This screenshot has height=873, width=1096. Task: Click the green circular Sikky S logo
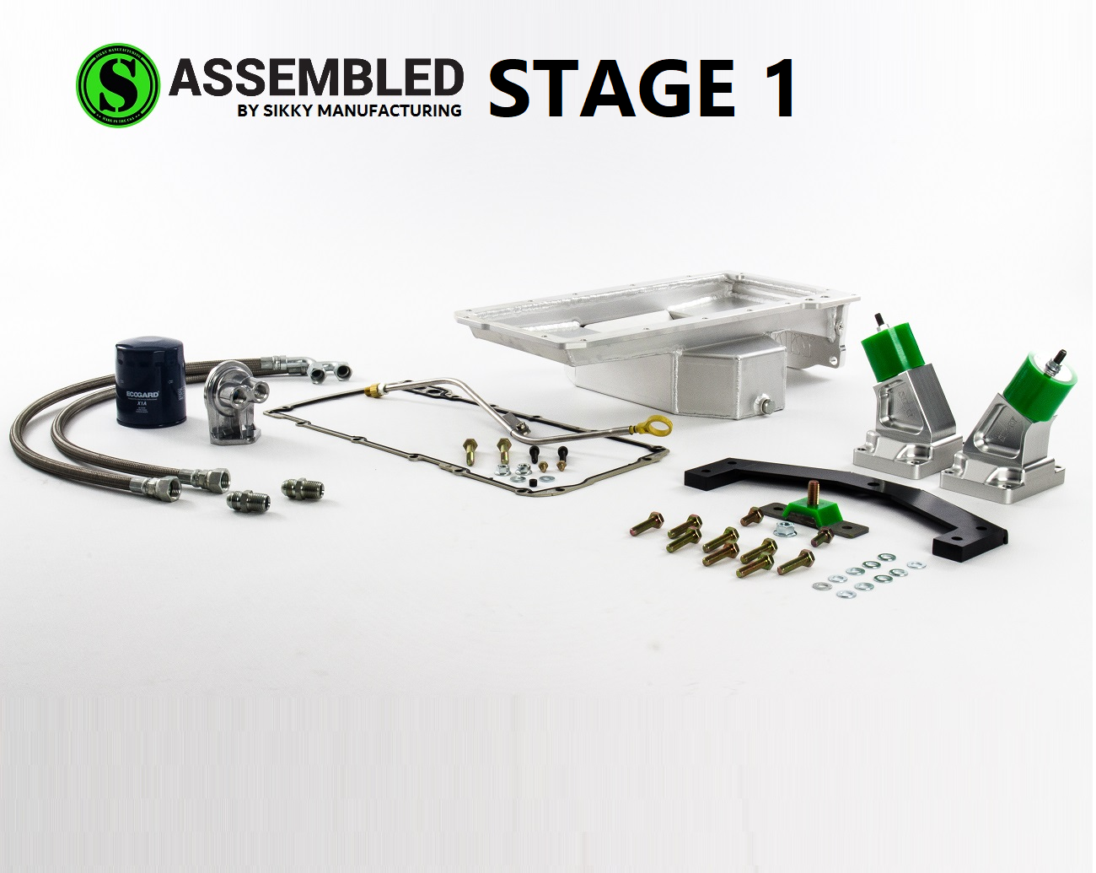point(117,85)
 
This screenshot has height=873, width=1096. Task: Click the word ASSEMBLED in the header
point(316,78)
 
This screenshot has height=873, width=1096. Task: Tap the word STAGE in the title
point(611,88)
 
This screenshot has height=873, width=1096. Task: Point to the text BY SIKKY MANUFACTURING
point(349,110)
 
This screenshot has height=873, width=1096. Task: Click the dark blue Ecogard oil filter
point(149,382)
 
